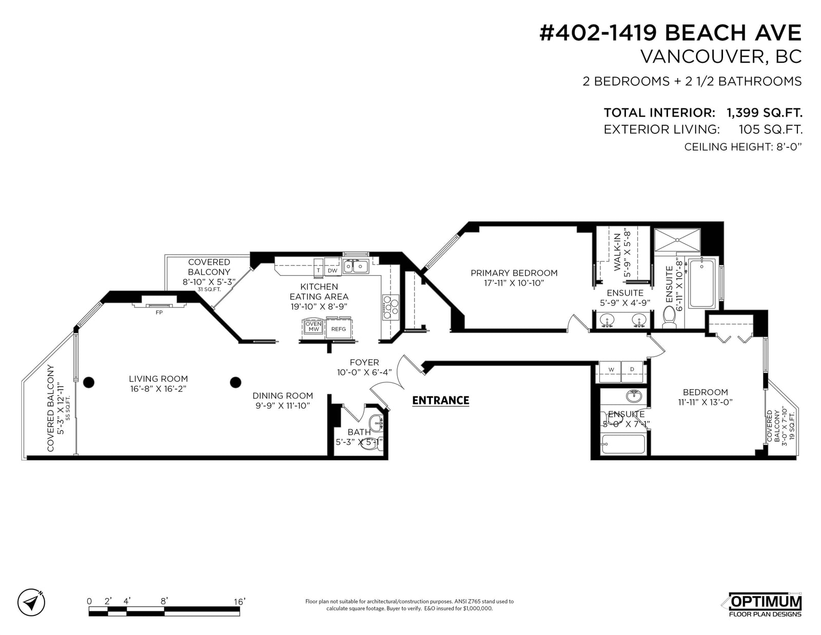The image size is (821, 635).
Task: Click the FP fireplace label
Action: pyautogui.click(x=159, y=313)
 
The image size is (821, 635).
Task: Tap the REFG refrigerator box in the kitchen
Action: pyautogui.click(x=339, y=329)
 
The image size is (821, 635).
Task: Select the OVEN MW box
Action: pyautogui.click(x=313, y=326)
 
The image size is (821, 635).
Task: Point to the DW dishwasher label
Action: pyautogui.click(x=333, y=271)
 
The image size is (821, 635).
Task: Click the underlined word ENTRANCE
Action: pyautogui.click(x=441, y=400)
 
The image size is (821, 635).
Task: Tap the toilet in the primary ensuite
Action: pyautogui.click(x=669, y=317)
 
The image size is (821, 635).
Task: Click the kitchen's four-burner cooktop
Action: pyautogui.click(x=390, y=307)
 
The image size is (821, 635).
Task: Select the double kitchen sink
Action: pyautogui.click(x=356, y=266)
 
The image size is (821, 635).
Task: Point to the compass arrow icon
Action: pyautogui.click(x=31, y=602)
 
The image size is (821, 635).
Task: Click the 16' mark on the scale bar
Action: pyautogui.click(x=240, y=601)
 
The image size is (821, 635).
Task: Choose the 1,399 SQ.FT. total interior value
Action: pyautogui.click(x=765, y=112)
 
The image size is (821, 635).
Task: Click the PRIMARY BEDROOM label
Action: pyautogui.click(x=514, y=273)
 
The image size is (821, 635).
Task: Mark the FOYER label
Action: pyautogui.click(x=364, y=362)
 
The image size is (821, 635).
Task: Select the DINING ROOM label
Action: pyautogui.click(x=283, y=396)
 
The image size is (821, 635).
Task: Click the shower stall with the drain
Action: pyautogui.click(x=677, y=240)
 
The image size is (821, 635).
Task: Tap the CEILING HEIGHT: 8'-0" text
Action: pyautogui.click(x=743, y=147)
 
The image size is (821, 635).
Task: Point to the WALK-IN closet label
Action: pyautogui.click(x=617, y=252)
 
